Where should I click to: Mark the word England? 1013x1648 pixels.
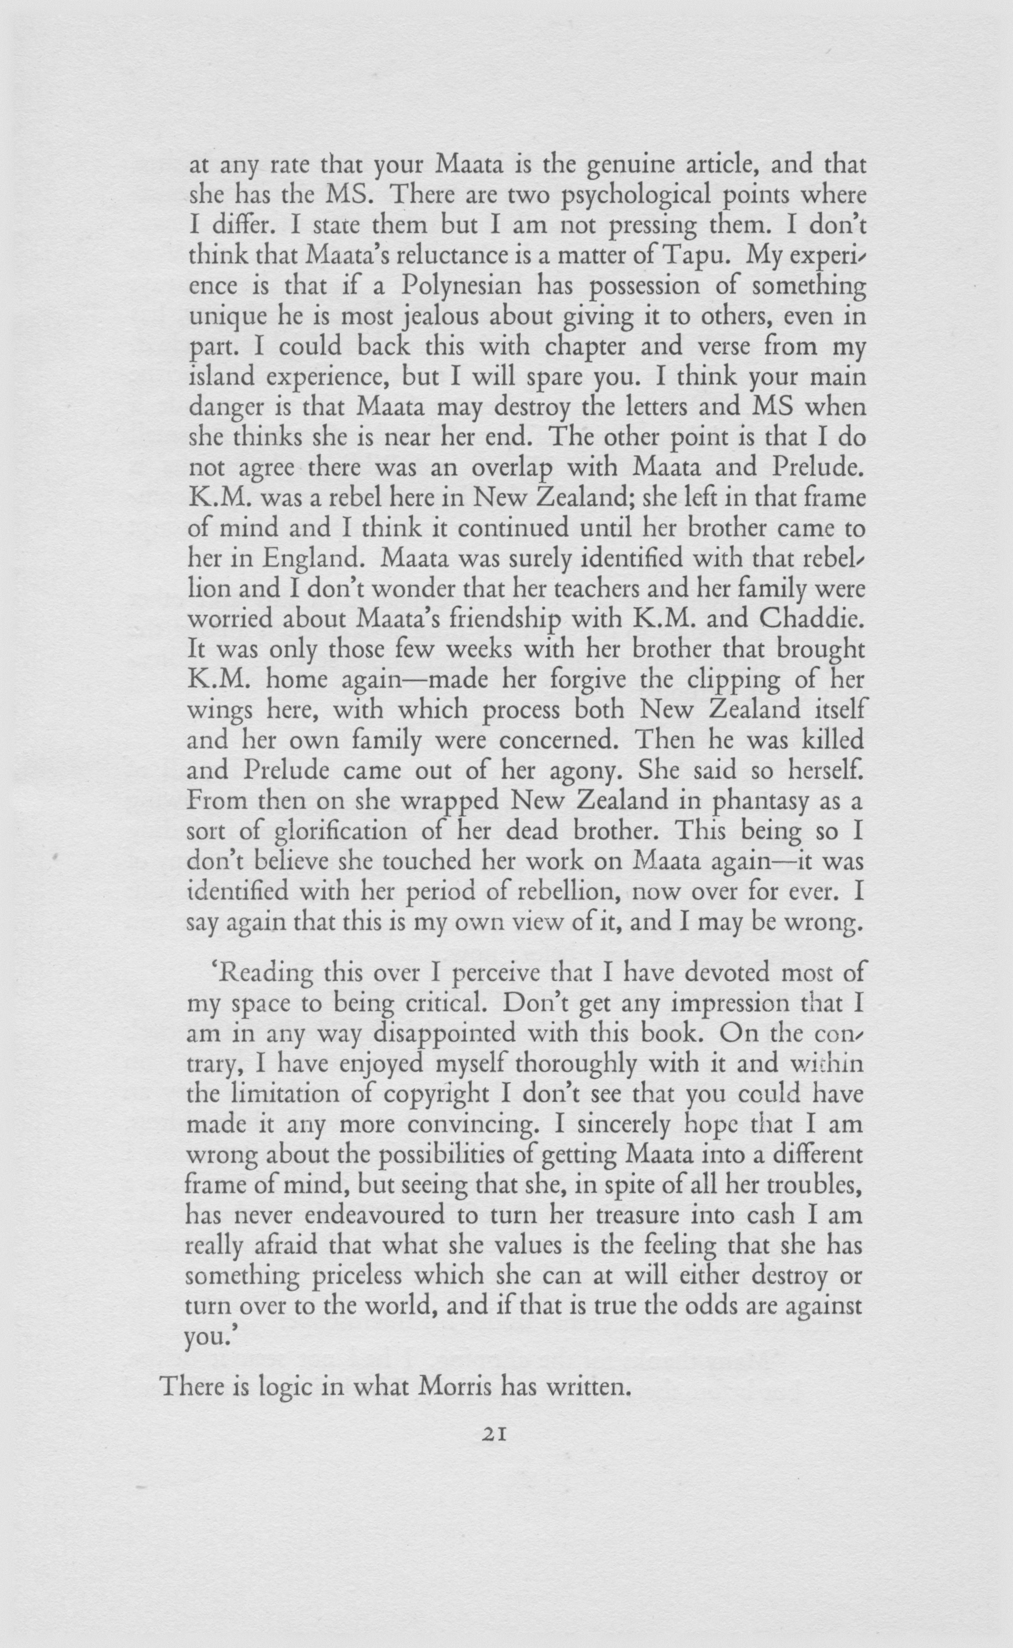point(307,558)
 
